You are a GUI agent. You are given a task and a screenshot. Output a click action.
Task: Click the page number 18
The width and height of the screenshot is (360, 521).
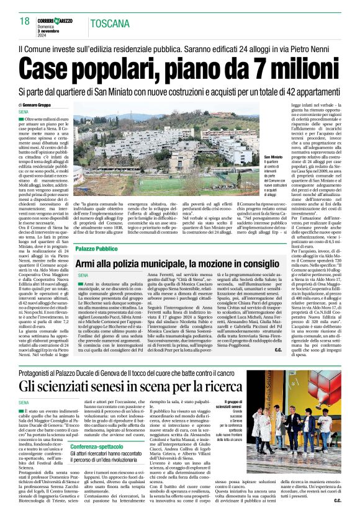(24, 22)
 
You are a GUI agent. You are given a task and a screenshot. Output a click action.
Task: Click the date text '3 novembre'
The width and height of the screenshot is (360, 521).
(55, 30)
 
